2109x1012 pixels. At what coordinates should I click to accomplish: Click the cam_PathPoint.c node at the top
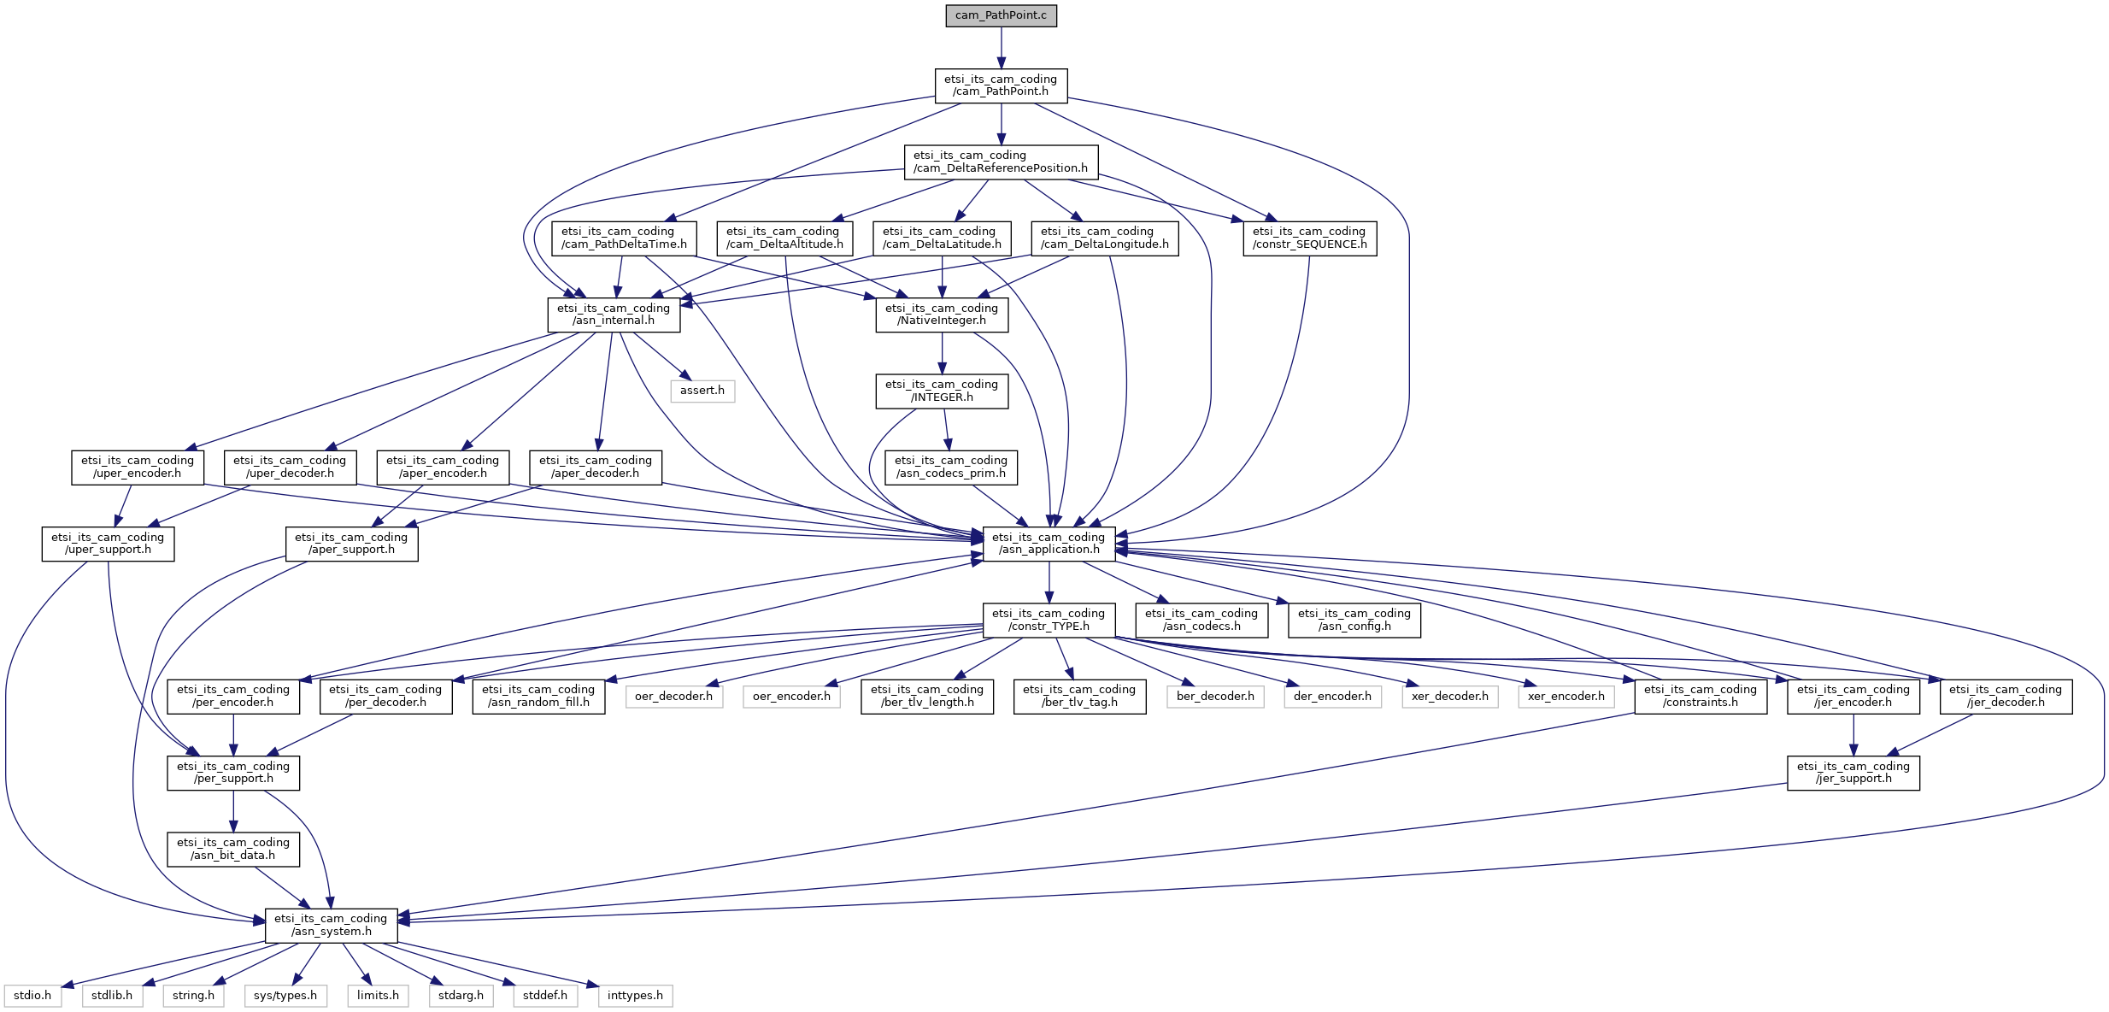click(x=1001, y=15)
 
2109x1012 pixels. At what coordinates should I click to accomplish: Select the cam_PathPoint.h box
click(x=1001, y=85)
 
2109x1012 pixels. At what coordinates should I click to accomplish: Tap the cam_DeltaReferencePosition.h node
click(x=1001, y=162)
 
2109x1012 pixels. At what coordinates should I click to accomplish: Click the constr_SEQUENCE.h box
click(x=1309, y=238)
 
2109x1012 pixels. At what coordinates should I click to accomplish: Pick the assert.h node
click(x=702, y=391)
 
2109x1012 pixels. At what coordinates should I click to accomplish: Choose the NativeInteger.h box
click(x=942, y=315)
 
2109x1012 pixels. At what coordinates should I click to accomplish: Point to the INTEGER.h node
click(x=942, y=391)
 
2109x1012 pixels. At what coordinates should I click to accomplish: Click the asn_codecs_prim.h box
click(x=951, y=467)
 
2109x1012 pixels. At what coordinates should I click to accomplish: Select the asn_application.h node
click(x=1049, y=544)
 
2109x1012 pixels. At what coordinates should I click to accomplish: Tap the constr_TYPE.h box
click(x=1049, y=620)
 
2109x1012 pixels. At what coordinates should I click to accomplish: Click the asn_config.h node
click(x=1354, y=620)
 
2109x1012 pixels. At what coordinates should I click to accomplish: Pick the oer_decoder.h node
click(x=673, y=697)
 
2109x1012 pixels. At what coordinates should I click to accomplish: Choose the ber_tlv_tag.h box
click(x=1079, y=696)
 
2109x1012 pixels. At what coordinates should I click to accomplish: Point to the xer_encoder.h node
click(x=1566, y=697)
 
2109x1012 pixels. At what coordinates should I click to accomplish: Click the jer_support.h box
click(x=1853, y=773)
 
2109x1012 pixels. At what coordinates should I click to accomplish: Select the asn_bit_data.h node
click(x=233, y=849)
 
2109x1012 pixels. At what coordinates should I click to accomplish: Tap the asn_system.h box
click(x=331, y=925)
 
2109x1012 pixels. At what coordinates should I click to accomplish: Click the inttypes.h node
click(x=635, y=996)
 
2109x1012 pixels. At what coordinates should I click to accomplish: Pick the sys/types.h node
click(x=285, y=996)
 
